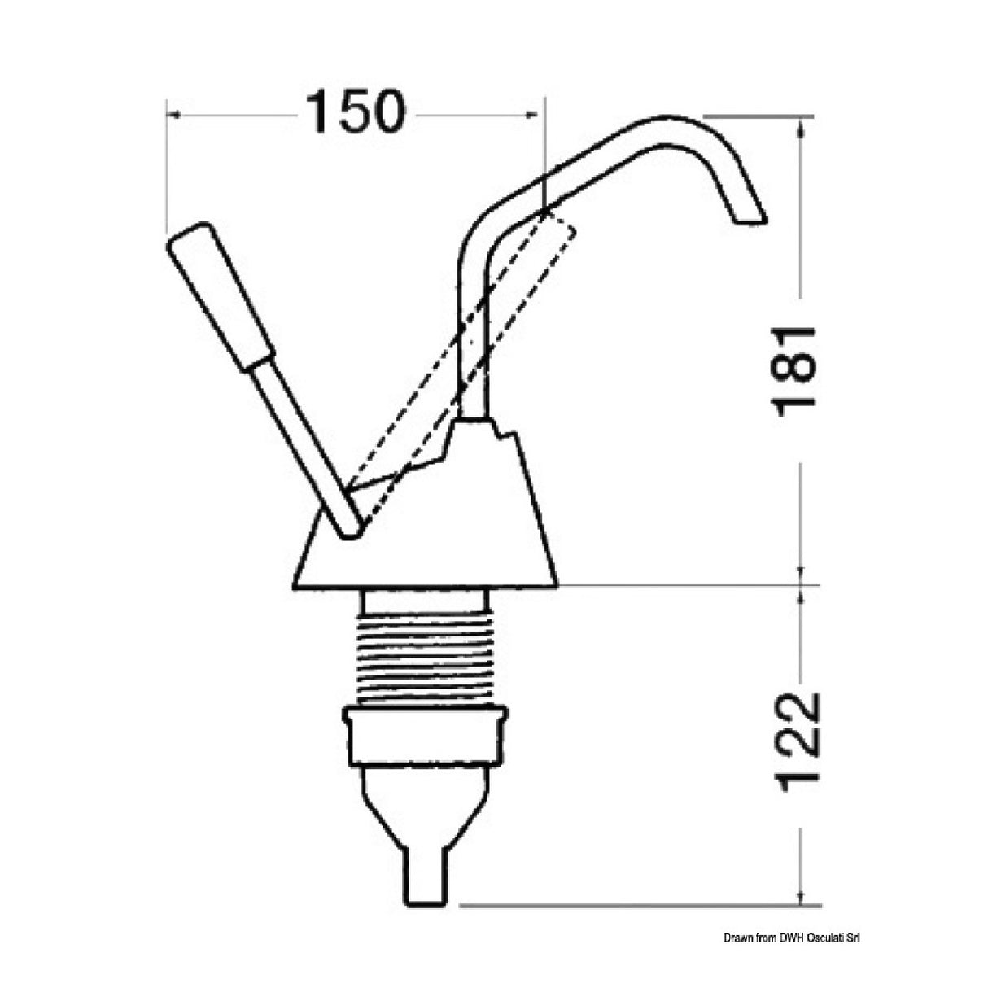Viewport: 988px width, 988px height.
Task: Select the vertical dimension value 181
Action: pyautogui.click(x=793, y=371)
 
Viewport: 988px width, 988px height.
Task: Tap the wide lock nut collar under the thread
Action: pyautogui.click(x=425, y=737)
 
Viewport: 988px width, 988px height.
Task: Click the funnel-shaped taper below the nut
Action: pyautogui.click(x=424, y=806)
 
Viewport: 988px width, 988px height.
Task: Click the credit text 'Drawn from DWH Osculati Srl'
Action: pyautogui.click(x=791, y=938)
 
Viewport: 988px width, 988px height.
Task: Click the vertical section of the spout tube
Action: pyautogui.click(x=473, y=342)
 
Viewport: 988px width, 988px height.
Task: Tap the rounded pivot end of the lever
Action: pyautogui.click(x=351, y=527)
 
